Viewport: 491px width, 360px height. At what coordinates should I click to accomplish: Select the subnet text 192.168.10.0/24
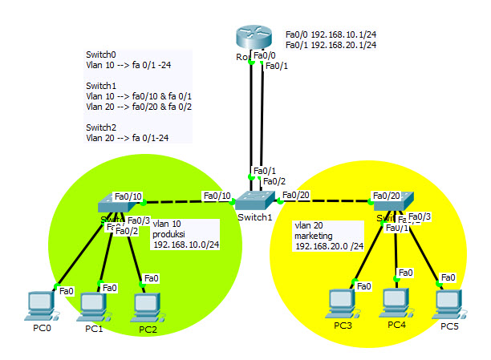[187, 245]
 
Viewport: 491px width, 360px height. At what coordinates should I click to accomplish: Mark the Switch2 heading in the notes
[101, 127]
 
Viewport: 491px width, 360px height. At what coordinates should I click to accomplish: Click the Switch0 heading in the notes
[101, 55]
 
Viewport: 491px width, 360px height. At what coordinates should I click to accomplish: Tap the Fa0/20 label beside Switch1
[297, 195]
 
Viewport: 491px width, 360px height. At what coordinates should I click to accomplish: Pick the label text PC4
[397, 325]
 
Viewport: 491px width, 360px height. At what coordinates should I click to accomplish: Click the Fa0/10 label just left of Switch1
[217, 196]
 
